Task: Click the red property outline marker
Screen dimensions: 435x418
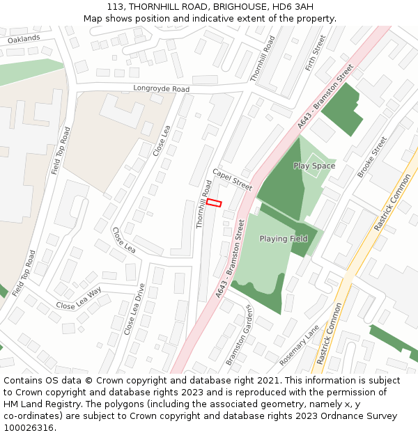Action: pos(214,203)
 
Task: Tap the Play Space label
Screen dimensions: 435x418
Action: pos(314,166)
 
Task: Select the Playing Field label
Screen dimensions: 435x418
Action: pos(284,239)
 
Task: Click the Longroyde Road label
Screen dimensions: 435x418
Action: pos(162,89)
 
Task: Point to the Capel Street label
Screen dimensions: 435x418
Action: pos(232,179)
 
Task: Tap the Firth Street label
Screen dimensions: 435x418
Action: pos(316,54)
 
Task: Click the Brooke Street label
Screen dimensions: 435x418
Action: pos(372,157)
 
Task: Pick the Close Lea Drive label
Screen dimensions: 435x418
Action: pos(134,309)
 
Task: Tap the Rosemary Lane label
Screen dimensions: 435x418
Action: pos(299,345)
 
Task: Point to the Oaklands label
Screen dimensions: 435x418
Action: pos(24,40)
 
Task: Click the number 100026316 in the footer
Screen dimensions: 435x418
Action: pos(29,427)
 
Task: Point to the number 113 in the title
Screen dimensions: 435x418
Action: pos(116,6)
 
